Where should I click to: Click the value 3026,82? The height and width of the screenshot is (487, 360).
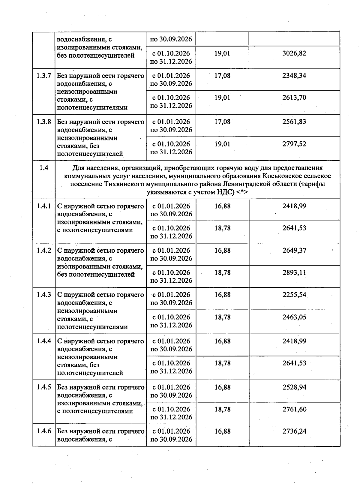tap(294, 53)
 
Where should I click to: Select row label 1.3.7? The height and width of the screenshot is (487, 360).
tap(44, 76)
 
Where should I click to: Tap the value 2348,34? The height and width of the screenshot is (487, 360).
tap(294, 76)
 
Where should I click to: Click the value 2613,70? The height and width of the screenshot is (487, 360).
tap(294, 98)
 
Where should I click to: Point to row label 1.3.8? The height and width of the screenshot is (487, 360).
tap(44, 122)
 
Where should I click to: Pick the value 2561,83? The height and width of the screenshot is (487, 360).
tap(294, 122)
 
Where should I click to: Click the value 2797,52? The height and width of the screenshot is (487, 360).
tap(294, 144)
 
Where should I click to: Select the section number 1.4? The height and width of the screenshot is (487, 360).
tap(44, 168)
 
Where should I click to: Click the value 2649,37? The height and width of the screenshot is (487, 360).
tap(294, 251)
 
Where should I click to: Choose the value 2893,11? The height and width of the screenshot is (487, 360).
tap(294, 273)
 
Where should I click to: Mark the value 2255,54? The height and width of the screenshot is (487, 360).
tap(294, 295)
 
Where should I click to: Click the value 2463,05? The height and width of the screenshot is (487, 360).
tap(294, 317)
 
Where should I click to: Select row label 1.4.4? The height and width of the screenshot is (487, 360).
tap(44, 341)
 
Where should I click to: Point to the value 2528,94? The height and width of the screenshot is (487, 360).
tap(294, 387)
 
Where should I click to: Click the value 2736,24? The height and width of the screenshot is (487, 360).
tap(294, 431)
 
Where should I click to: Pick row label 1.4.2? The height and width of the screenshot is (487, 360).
tap(44, 251)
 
